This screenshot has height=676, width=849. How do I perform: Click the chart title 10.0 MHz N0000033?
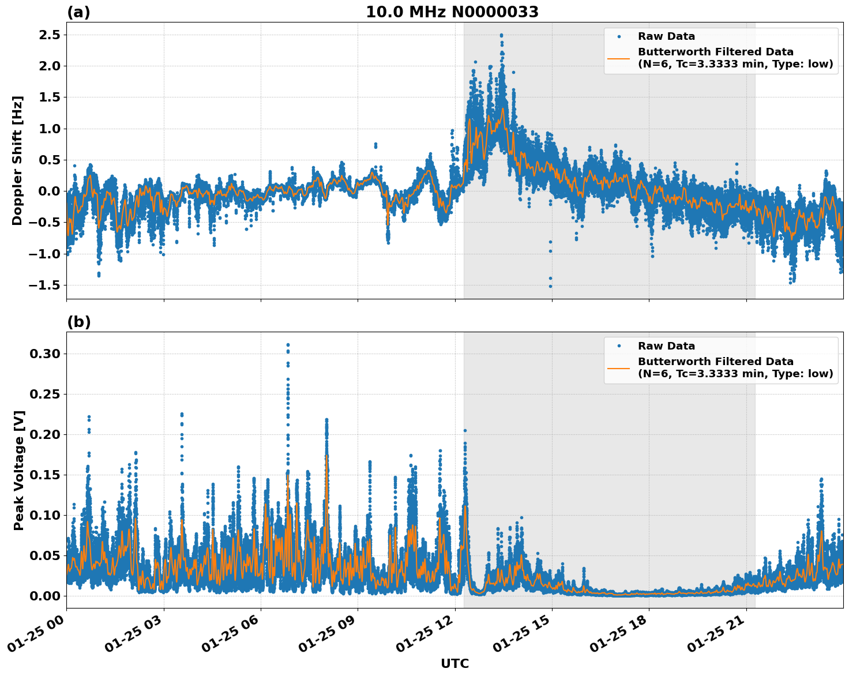(452, 12)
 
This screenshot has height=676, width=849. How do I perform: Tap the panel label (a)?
(78, 12)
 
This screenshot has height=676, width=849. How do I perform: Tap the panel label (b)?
(78, 322)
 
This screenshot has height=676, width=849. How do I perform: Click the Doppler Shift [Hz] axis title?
(17, 160)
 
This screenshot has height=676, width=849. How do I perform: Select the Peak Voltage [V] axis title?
(19, 470)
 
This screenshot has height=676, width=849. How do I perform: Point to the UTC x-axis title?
(454, 663)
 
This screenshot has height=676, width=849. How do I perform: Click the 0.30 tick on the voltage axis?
(45, 354)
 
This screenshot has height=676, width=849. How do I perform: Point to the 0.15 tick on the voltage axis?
(45, 475)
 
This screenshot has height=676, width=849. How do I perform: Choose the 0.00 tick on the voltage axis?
(45, 596)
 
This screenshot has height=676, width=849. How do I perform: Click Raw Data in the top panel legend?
(666, 36)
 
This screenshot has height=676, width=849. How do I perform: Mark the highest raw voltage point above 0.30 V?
(288, 345)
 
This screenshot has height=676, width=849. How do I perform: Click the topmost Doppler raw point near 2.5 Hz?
(501, 35)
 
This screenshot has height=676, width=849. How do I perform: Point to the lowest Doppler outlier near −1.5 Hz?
(550, 286)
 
